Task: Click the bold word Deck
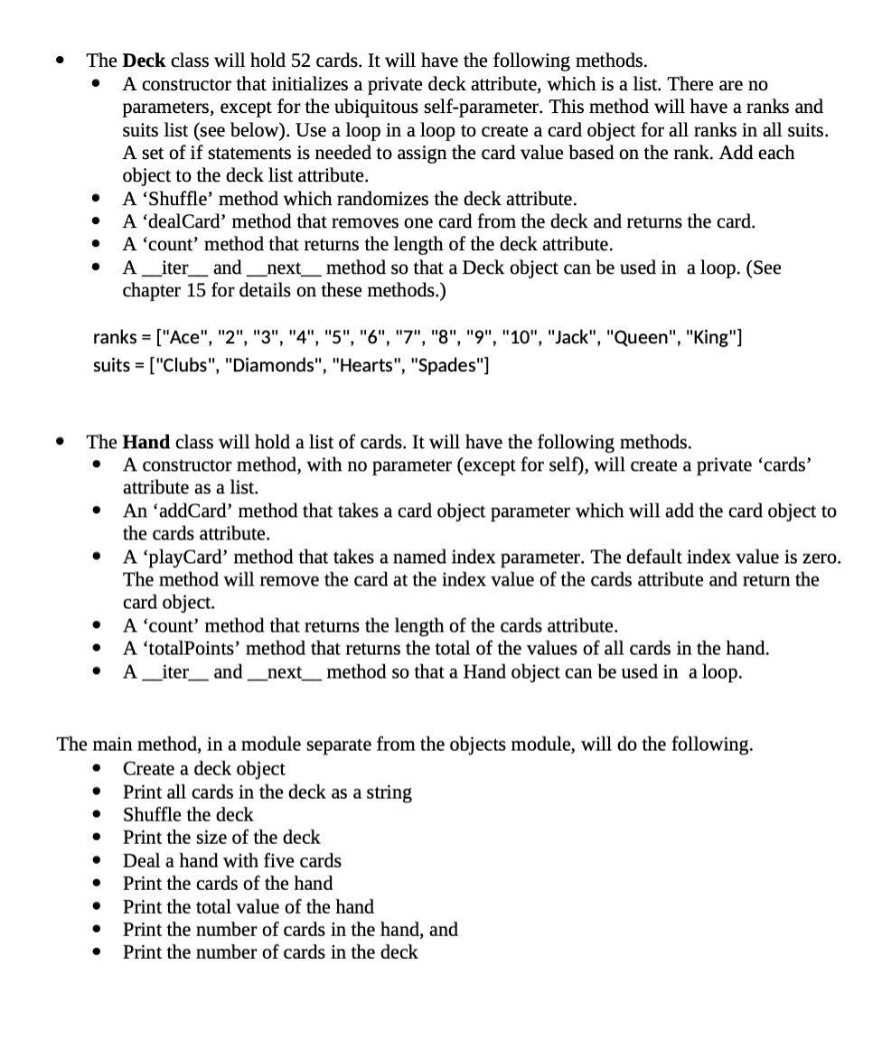[x=144, y=61]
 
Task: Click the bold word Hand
[x=145, y=443]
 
